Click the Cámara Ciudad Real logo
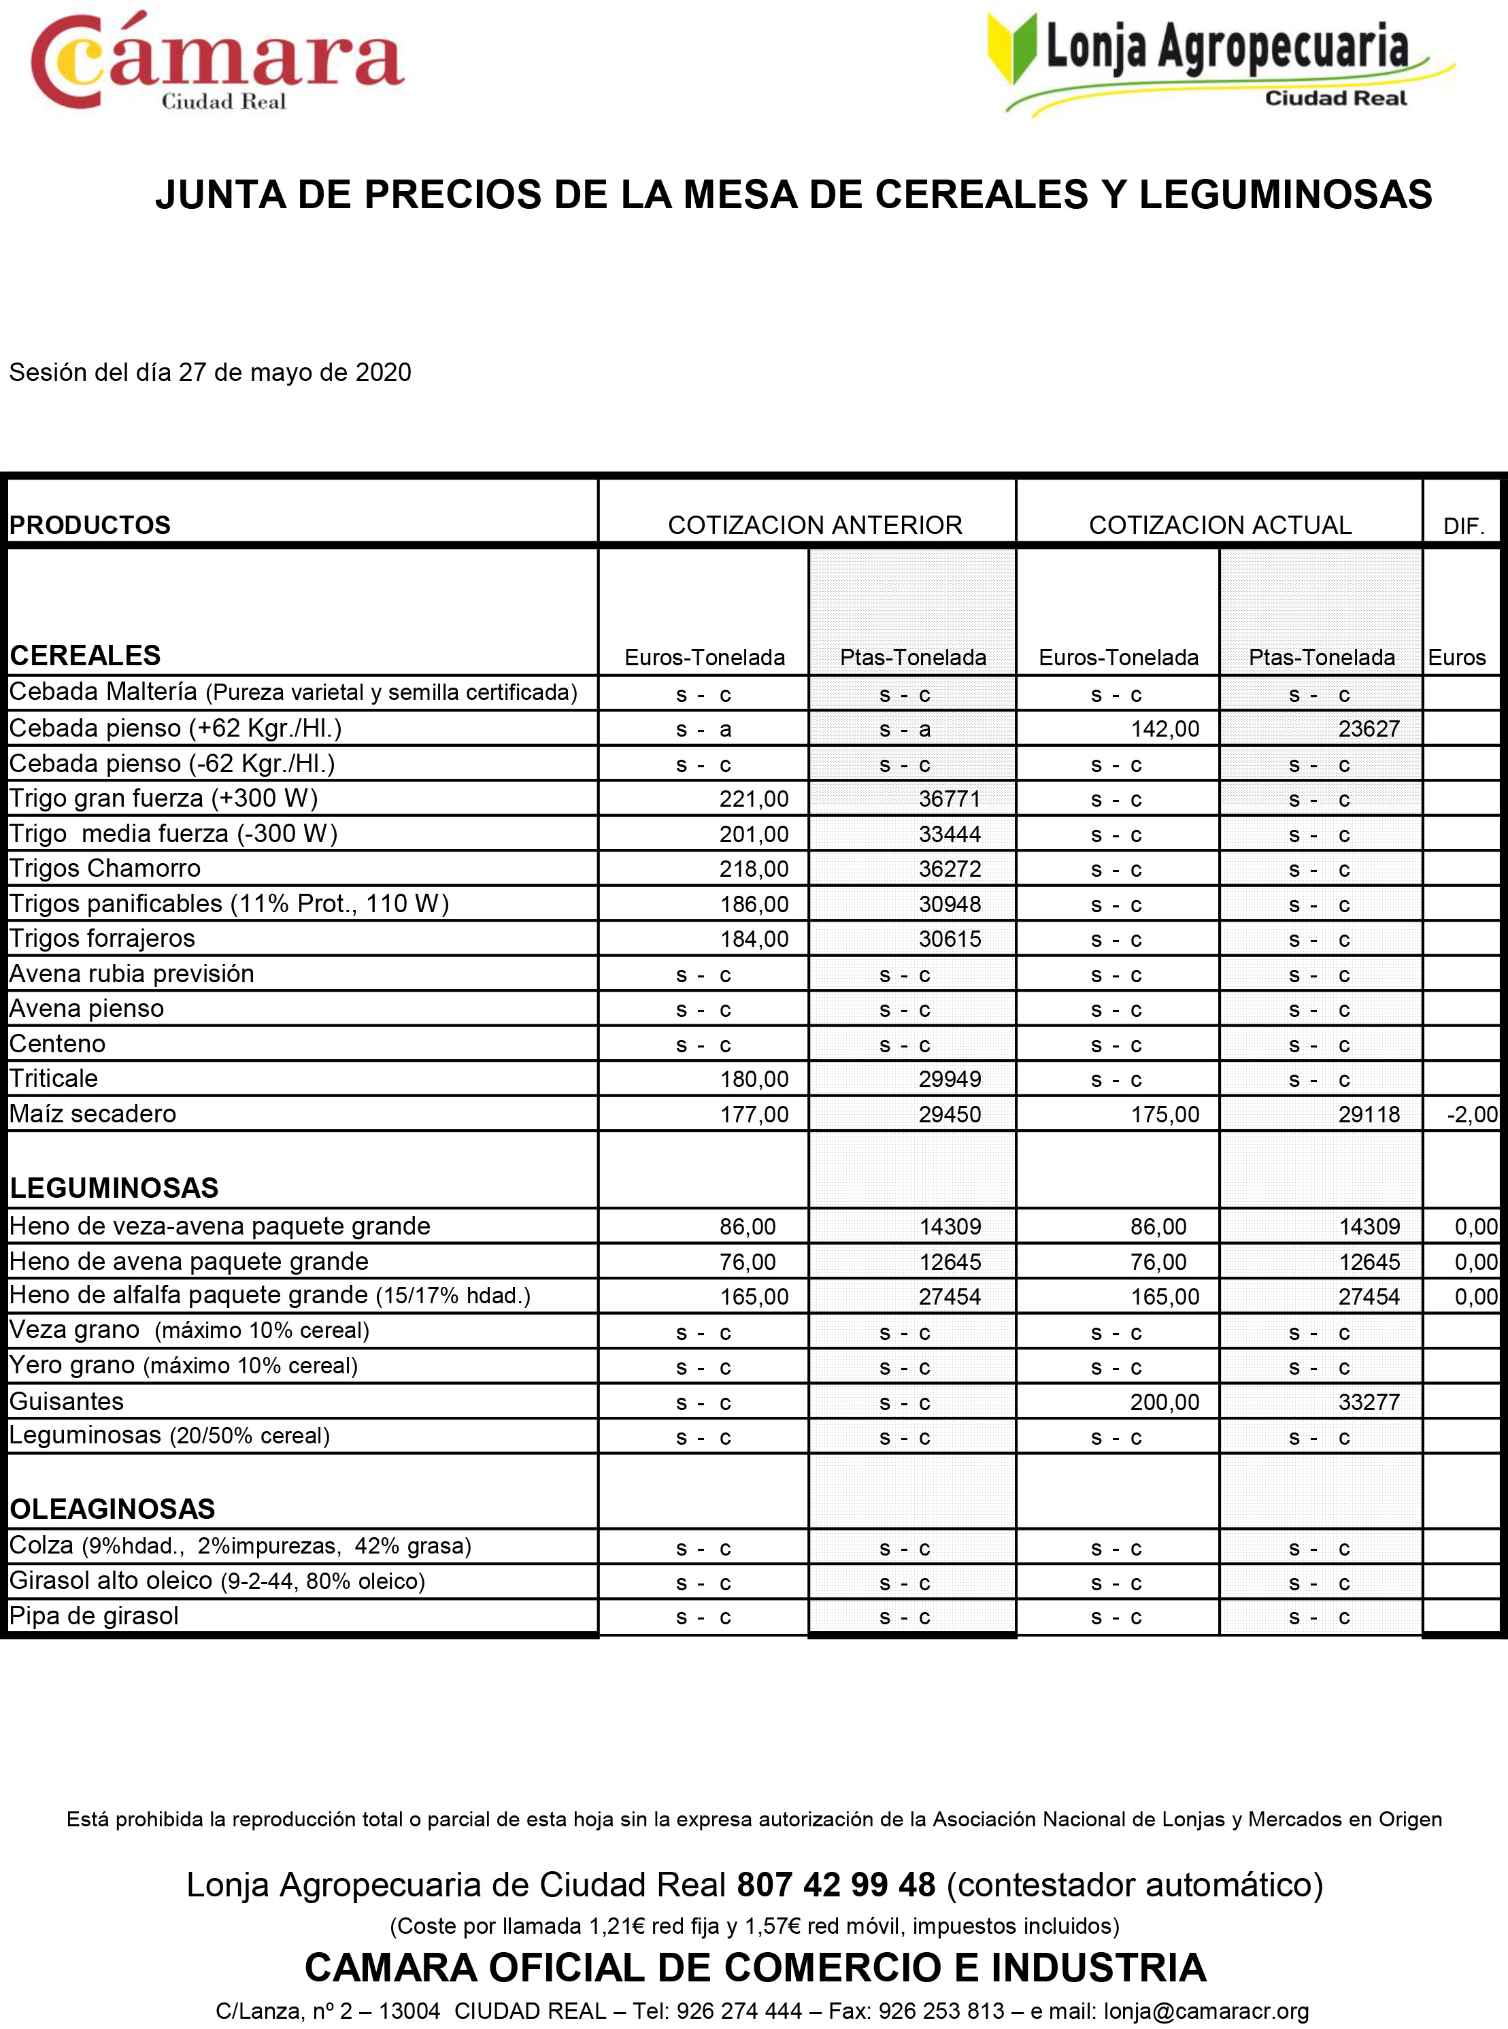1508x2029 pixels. (x=216, y=62)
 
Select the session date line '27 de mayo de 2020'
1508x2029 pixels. (x=210, y=372)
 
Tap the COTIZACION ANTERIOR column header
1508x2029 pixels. (x=814, y=525)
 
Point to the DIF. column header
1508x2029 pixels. (x=1462, y=526)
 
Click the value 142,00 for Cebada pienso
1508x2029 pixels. (x=1164, y=729)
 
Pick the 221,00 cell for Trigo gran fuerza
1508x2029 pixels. (x=753, y=799)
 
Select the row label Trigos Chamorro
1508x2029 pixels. (x=105, y=868)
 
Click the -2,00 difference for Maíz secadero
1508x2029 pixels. (x=1471, y=1114)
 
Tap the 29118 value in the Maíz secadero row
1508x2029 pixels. (x=1369, y=1114)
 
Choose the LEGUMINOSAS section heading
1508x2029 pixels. (x=114, y=1188)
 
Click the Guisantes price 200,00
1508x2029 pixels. (x=1164, y=1402)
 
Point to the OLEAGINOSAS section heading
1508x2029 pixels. (x=112, y=1509)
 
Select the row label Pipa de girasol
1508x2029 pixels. (x=94, y=1615)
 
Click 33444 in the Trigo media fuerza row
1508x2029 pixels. (x=950, y=834)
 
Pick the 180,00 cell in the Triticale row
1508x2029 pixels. (x=753, y=1079)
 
